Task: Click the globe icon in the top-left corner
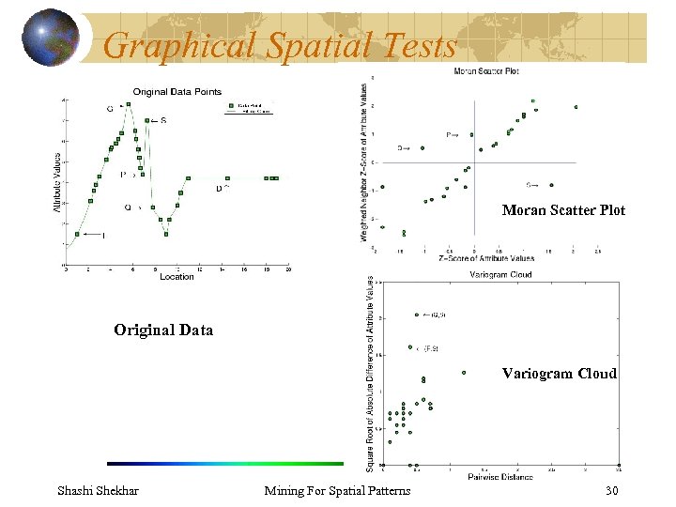tap(51, 38)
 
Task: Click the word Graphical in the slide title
tap(178, 44)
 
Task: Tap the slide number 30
tap(613, 491)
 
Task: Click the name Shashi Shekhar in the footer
tap(98, 491)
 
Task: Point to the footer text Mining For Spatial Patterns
tap(337, 491)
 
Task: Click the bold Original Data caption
tap(163, 330)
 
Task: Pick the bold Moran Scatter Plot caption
tap(563, 210)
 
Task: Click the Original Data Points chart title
tap(177, 91)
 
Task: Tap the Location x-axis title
tap(177, 277)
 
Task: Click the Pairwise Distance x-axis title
tap(500, 477)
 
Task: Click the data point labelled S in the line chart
tap(145, 120)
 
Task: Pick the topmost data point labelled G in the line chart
tap(129, 103)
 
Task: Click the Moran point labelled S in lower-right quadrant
tap(551, 185)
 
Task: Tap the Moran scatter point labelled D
tap(423, 147)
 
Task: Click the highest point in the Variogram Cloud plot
tap(416, 315)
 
